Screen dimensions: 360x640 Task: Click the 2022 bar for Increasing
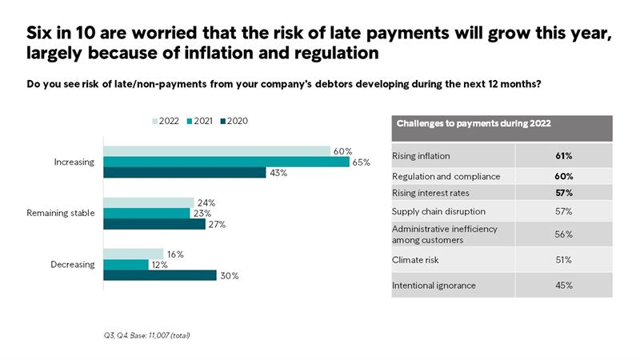click(217, 151)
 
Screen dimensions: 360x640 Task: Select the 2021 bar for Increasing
click(226, 162)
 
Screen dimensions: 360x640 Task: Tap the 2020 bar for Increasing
click(185, 172)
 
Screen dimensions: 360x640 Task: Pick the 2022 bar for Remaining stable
click(149, 203)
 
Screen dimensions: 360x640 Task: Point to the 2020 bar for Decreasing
click(160, 275)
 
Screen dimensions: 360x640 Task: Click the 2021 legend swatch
click(189, 121)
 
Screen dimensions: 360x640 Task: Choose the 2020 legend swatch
click(222, 121)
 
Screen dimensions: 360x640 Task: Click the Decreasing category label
click(74, 265)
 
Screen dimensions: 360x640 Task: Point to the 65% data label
click(361, 162)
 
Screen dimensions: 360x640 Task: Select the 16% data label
click(175, 254)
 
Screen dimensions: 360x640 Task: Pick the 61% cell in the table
click(563, 156)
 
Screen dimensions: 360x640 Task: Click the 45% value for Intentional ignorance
click(563, 286)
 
